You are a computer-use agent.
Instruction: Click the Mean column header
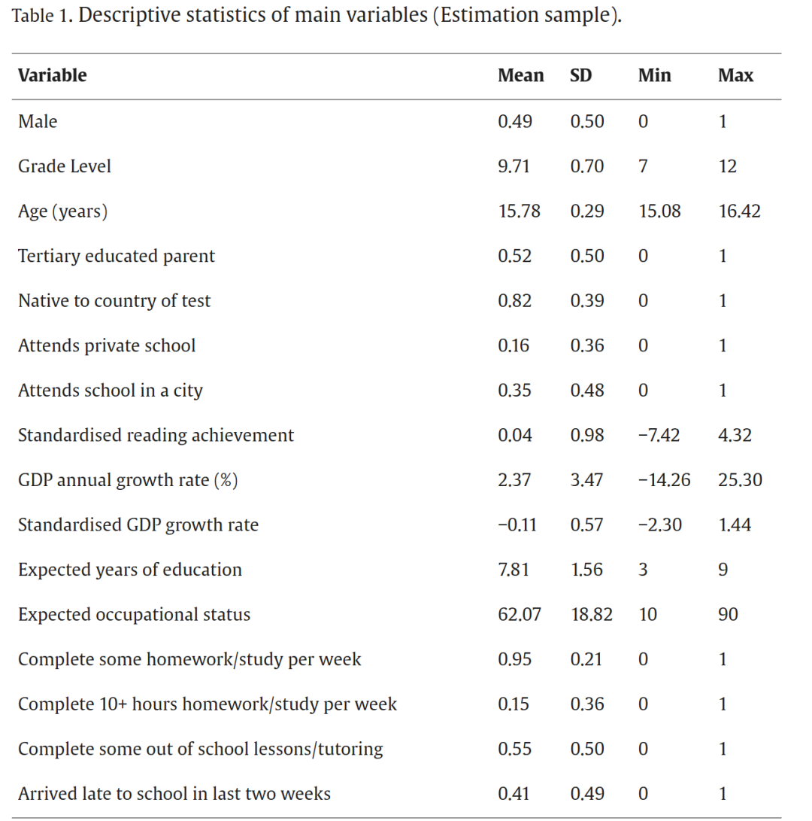point(520,75)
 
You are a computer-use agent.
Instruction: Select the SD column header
point(580,75)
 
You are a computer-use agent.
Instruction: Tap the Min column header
point(655,75)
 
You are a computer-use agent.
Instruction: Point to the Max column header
point(735,75)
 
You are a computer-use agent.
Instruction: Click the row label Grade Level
point(65,166)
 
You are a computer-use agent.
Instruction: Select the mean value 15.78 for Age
point(519,211)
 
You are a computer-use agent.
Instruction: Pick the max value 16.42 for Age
point(739,211)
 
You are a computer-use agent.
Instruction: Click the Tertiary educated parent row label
point(116,256)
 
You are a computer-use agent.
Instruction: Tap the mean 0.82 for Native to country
point(515,301)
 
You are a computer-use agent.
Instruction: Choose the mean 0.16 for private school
point(514,345)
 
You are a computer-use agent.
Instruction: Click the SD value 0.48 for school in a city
point(587,391)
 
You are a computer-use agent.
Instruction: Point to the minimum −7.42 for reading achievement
point(659,436)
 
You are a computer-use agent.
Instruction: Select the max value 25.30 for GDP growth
point(740,480)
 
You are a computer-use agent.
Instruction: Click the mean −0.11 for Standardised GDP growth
point(517,525)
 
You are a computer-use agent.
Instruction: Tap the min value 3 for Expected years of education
point(643,570)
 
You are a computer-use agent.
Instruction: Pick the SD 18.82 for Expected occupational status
point(592,615)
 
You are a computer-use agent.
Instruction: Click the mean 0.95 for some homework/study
point(515,659)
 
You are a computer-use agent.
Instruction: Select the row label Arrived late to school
point(174,794)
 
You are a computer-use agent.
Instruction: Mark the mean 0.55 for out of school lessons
point(515,750)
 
